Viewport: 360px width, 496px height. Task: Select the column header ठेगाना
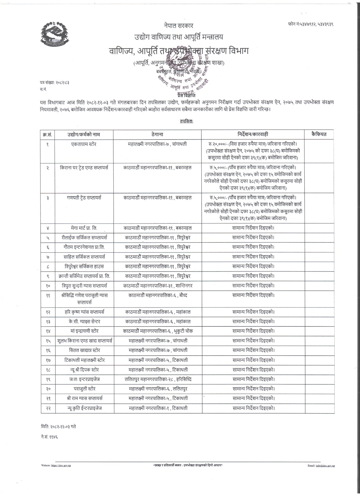pos(157,134)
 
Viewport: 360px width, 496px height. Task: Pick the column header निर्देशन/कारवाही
pos(253,134)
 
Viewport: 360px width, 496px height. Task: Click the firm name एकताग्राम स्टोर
pos(84,144)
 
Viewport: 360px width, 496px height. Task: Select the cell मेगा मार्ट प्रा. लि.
pos(84,228)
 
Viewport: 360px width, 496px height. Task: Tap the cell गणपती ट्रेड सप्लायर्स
pos(84,197)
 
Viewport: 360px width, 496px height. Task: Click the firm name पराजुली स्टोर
pos(84,388)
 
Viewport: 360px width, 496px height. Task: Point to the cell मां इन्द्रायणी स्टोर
pos(84,331)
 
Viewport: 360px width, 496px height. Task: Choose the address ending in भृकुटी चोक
pos(157,331)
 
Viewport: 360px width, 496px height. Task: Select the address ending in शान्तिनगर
pos(157,285)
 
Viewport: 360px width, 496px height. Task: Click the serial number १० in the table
pos(48,285)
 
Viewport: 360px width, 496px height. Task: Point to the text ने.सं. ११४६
pos(50,437)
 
